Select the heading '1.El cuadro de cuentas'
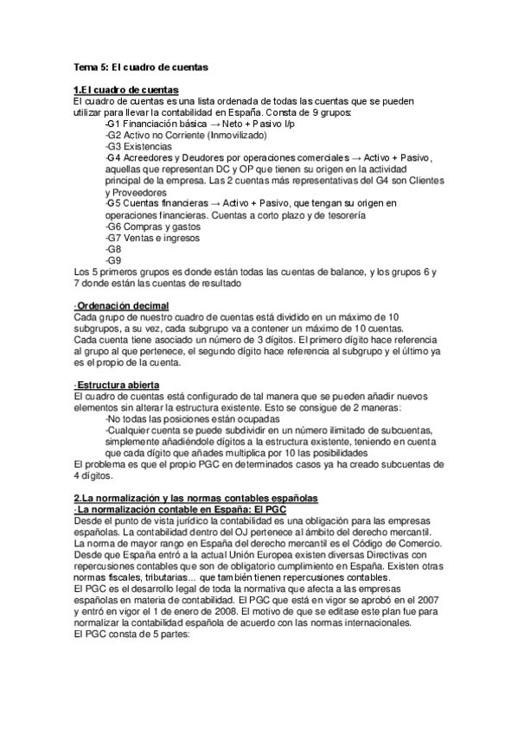pyautogui.click(x=126, y=90)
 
